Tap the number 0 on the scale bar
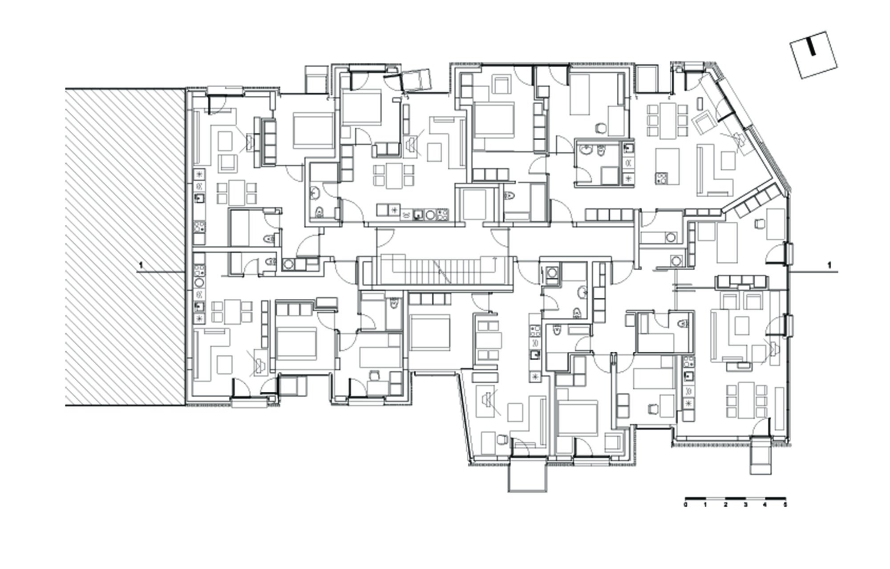point(686,505)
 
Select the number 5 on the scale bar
point(785,505)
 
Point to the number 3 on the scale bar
point(745,505)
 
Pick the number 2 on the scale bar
point(725,505)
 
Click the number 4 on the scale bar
point(765,505)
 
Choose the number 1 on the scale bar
point(706,505)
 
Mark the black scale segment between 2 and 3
point(735,497)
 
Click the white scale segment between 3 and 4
point(755,497)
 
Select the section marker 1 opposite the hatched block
point(829,265)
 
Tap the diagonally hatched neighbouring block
point(125,247)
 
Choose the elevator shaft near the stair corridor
point(474,204)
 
